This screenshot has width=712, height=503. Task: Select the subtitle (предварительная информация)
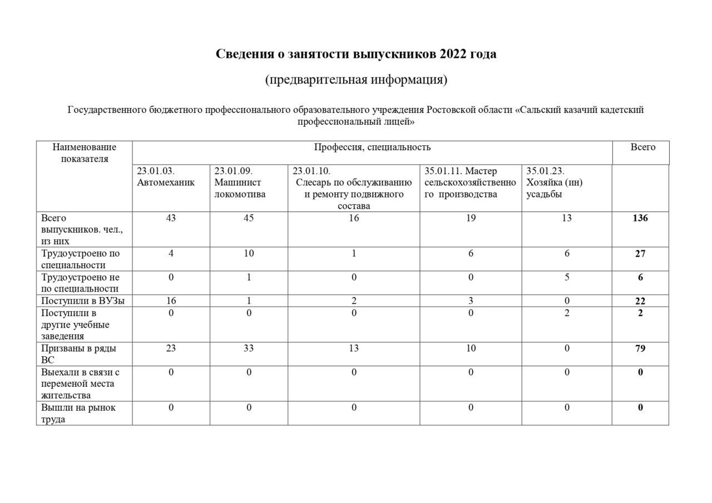tap(356, 80)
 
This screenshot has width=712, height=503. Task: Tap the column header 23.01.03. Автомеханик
tap(166, 177)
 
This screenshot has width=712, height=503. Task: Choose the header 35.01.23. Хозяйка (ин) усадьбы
tap(555, 183)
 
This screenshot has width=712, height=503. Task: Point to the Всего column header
tap(642, 147)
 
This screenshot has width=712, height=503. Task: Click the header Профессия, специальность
tap(372, 147)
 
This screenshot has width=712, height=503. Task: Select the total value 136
tap(640, 218)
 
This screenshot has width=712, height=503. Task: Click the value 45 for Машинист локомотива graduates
tap(249, 218)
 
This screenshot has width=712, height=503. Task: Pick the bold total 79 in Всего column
tap(640, 348)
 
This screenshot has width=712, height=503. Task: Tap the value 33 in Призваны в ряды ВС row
tap(249, 348)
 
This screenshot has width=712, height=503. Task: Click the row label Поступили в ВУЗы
tap(83, 301)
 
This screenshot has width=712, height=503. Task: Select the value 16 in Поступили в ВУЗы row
tap(171, 301)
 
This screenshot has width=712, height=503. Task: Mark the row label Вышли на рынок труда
tap(78, 413)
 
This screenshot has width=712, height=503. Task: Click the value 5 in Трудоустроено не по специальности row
tap(567, 277)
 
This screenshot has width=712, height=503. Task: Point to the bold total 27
tap(640, 254)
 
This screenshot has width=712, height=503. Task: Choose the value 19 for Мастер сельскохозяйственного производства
tap(471, 218)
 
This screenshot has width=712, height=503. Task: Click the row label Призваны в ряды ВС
tap(78, 354)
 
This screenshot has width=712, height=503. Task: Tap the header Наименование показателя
tap(85, 153)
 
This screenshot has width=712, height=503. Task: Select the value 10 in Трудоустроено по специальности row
tap(249, 254)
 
